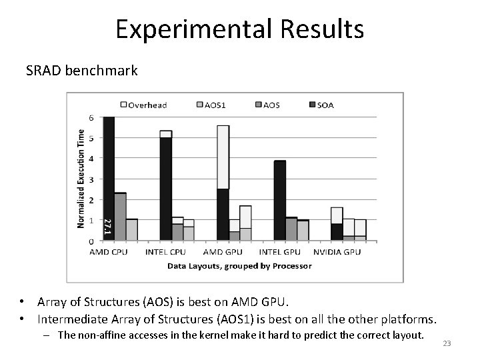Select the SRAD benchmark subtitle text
[x=81, y=70]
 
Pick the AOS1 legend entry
[x=211, y=104]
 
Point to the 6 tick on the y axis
[x=91, y=117]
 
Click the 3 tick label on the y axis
[x=91, y=179]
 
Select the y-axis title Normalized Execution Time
[x=81, y=178]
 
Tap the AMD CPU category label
[x=108, y=252]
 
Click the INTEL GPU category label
[x=280, y=252]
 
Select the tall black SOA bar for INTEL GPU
[x=280, y=200]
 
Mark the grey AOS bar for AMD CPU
[x=120, y=217]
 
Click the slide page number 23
[x=447, y=343]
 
